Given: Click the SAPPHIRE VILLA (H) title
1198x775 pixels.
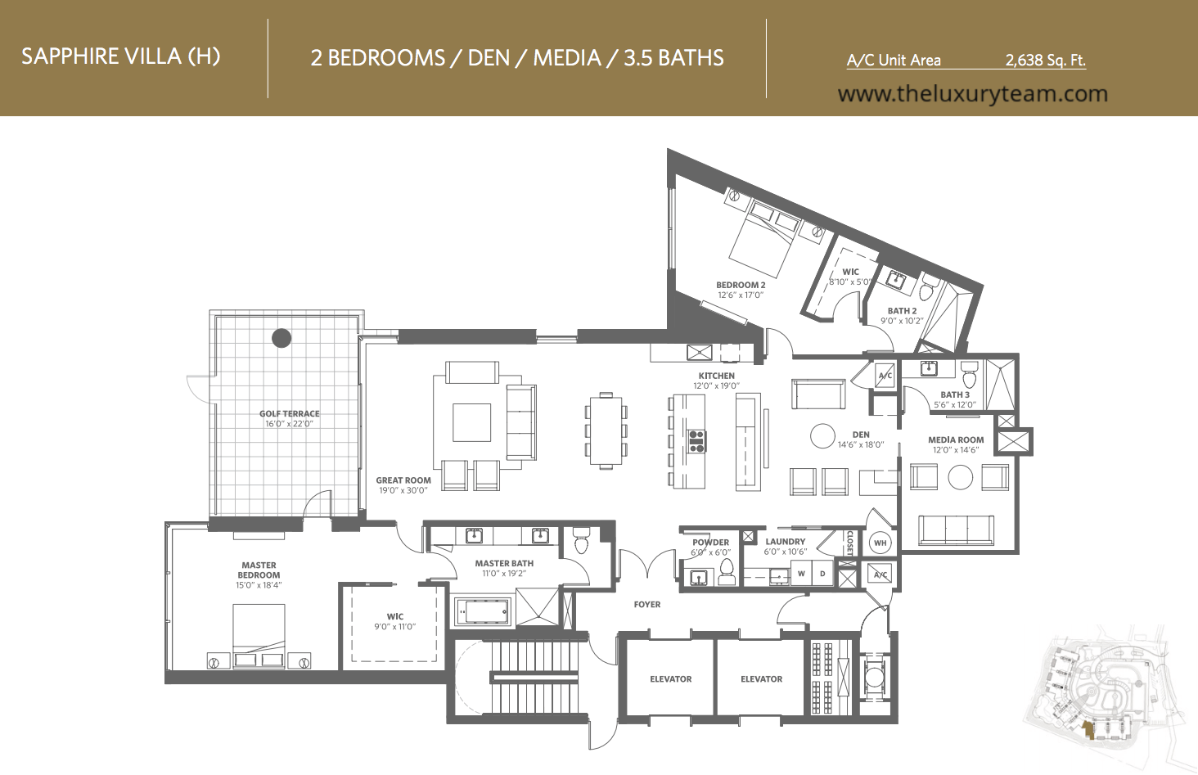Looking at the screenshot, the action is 121,56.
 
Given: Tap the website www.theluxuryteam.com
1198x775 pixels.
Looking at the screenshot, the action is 972,94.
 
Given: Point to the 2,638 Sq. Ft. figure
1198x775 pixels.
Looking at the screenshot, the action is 1045,60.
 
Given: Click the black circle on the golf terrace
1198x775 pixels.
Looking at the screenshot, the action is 281,337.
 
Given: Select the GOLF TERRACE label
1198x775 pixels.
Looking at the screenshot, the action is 290,413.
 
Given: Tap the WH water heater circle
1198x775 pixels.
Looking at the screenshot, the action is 880,543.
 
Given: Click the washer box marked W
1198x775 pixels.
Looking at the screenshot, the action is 801,574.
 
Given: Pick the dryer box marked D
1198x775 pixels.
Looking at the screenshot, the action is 822,574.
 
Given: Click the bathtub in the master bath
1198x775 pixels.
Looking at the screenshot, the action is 482,611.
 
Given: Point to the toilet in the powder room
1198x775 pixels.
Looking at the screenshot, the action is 727,572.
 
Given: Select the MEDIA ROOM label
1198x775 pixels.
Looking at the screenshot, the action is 956,439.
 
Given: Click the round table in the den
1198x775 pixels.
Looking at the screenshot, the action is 822,436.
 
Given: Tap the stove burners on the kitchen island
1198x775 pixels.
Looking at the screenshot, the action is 696,441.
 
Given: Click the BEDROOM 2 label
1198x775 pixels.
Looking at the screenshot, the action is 741,285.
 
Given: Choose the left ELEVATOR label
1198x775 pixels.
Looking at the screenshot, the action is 671,678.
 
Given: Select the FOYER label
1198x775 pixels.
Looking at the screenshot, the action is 647,605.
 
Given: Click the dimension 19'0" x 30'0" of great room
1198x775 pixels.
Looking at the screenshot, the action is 403,490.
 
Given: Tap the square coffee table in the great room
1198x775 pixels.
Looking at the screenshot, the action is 471,422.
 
